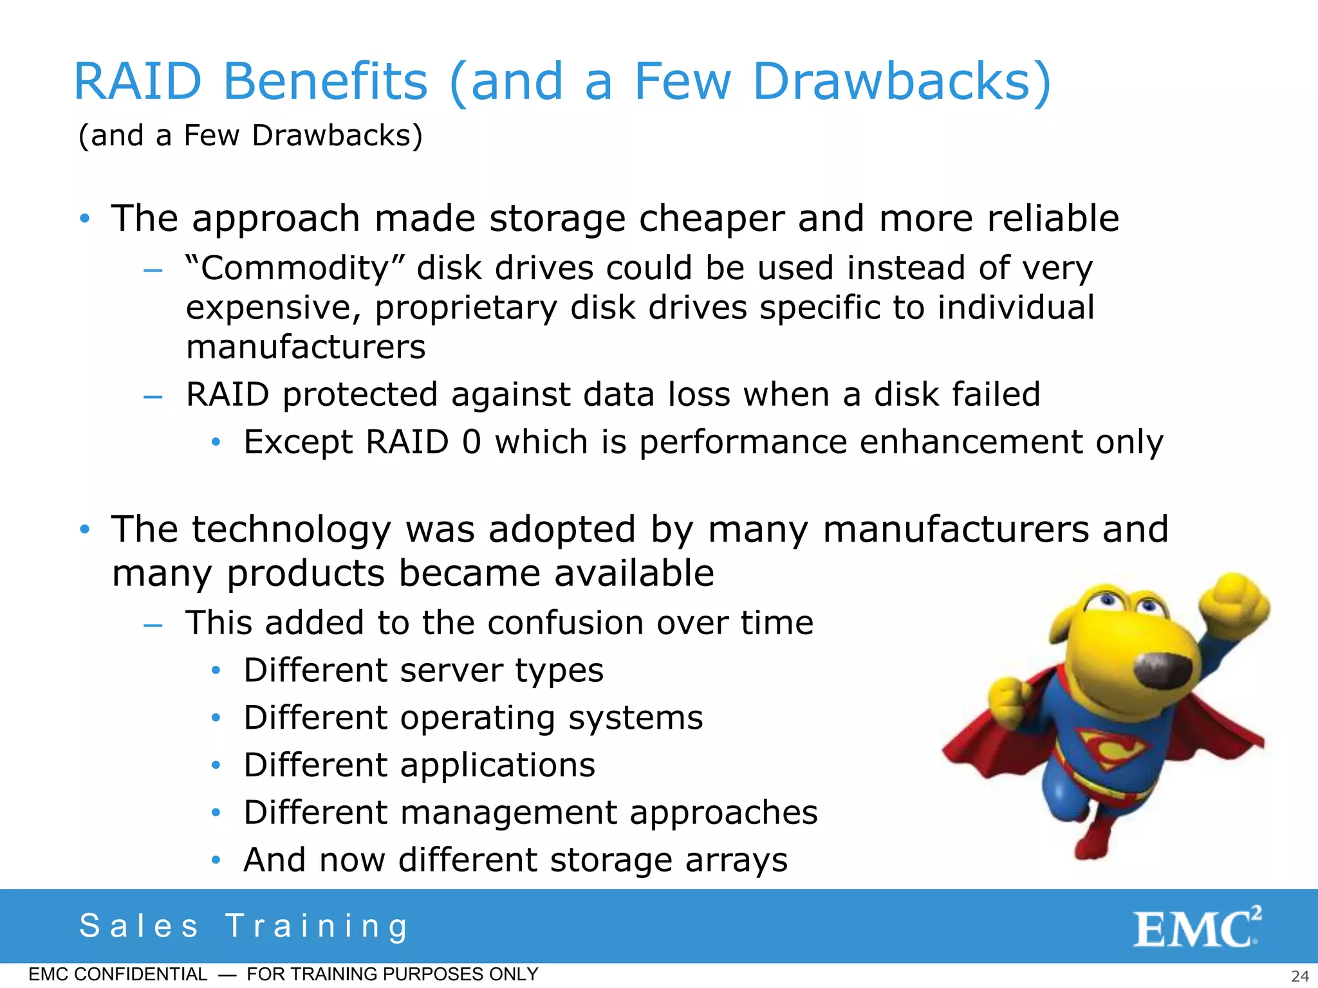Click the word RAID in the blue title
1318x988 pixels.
click(138, 82)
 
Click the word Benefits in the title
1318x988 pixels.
click(325, 82)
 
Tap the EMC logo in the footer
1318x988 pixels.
click(1196, 928)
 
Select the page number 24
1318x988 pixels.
click(1300, 976)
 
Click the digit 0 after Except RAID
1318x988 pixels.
click(471, 442)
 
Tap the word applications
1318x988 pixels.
click(497, 765)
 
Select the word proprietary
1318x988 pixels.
click(466, 308)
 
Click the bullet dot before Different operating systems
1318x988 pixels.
click(216, 717)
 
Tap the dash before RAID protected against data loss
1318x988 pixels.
click(153, 396)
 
